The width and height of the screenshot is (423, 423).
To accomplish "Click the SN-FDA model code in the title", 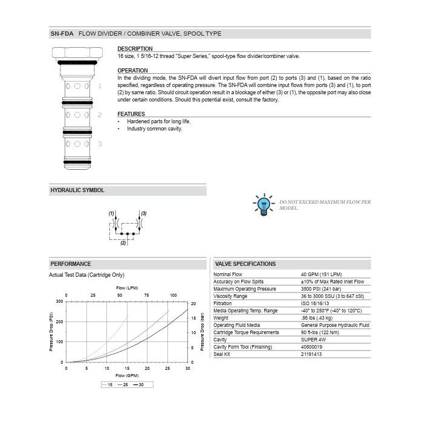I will point(62,34).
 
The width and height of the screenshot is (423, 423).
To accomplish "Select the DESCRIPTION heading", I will point(135,48).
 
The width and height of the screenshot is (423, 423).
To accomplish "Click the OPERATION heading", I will point(132,71).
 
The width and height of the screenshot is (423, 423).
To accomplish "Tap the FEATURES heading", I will point(131,114).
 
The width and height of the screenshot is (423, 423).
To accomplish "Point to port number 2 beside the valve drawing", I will point(100,114).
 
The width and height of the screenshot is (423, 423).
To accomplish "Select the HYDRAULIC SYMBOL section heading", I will point(77,190).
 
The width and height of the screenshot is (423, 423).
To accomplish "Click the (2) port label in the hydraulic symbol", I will point(123,243).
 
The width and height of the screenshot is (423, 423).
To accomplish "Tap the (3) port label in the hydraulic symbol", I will point(144,214).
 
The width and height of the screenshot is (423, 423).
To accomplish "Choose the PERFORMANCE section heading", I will point(71,263).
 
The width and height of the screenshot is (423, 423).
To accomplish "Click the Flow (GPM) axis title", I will point(127,376).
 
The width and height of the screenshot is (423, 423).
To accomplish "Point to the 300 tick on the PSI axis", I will point(59,301).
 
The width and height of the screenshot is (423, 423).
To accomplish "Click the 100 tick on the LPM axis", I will point(173,295).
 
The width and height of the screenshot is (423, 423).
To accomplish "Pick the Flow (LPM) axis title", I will point(128,288).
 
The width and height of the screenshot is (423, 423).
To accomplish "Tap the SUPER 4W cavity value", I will point(314,340).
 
